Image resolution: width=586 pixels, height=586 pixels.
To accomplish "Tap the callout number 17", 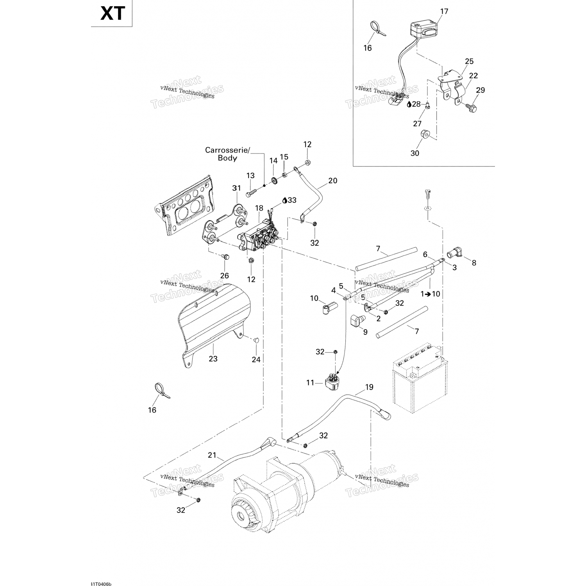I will click(444, 11).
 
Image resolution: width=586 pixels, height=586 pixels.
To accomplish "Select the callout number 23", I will click(213, 359).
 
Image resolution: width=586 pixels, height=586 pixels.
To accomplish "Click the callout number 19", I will click(369, 387).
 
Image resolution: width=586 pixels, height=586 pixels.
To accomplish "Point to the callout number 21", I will click(212, 455).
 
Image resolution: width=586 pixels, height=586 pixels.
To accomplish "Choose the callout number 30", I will click(414, 153).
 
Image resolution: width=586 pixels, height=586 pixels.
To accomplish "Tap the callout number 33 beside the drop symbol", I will click(292, 200).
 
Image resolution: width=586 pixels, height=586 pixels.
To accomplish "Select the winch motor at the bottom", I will click(281, 496).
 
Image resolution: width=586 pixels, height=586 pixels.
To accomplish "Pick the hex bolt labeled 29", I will click(472, 107).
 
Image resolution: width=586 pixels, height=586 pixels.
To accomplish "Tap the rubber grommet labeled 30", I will click(424, 136).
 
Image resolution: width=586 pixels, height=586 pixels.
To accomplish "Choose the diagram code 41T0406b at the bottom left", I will click(101, 573).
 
